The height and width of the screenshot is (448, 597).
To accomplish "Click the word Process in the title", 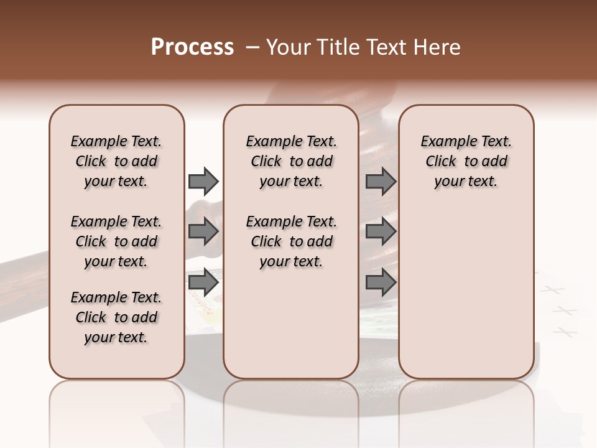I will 192,47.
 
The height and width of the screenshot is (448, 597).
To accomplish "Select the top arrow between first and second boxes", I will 203,181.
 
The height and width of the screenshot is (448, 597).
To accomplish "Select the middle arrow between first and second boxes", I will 203,232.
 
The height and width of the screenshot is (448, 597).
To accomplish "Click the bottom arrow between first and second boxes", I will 203,282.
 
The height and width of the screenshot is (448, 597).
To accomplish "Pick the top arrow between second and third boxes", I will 381,181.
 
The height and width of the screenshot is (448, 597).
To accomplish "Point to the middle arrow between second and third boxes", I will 381,232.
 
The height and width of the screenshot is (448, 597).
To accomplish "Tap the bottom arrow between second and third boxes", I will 381,282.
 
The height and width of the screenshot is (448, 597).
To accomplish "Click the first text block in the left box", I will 116,161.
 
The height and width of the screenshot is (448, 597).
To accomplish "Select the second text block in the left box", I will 116,241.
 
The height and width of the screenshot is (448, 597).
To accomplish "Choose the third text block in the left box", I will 116,317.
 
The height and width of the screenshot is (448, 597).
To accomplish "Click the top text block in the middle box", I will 291,161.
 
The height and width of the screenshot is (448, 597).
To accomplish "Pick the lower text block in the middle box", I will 291,241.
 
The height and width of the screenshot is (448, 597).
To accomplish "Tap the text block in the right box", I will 466,161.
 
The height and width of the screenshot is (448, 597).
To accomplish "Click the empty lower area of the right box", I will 466,292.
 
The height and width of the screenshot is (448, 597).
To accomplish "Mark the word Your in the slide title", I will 287,47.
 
